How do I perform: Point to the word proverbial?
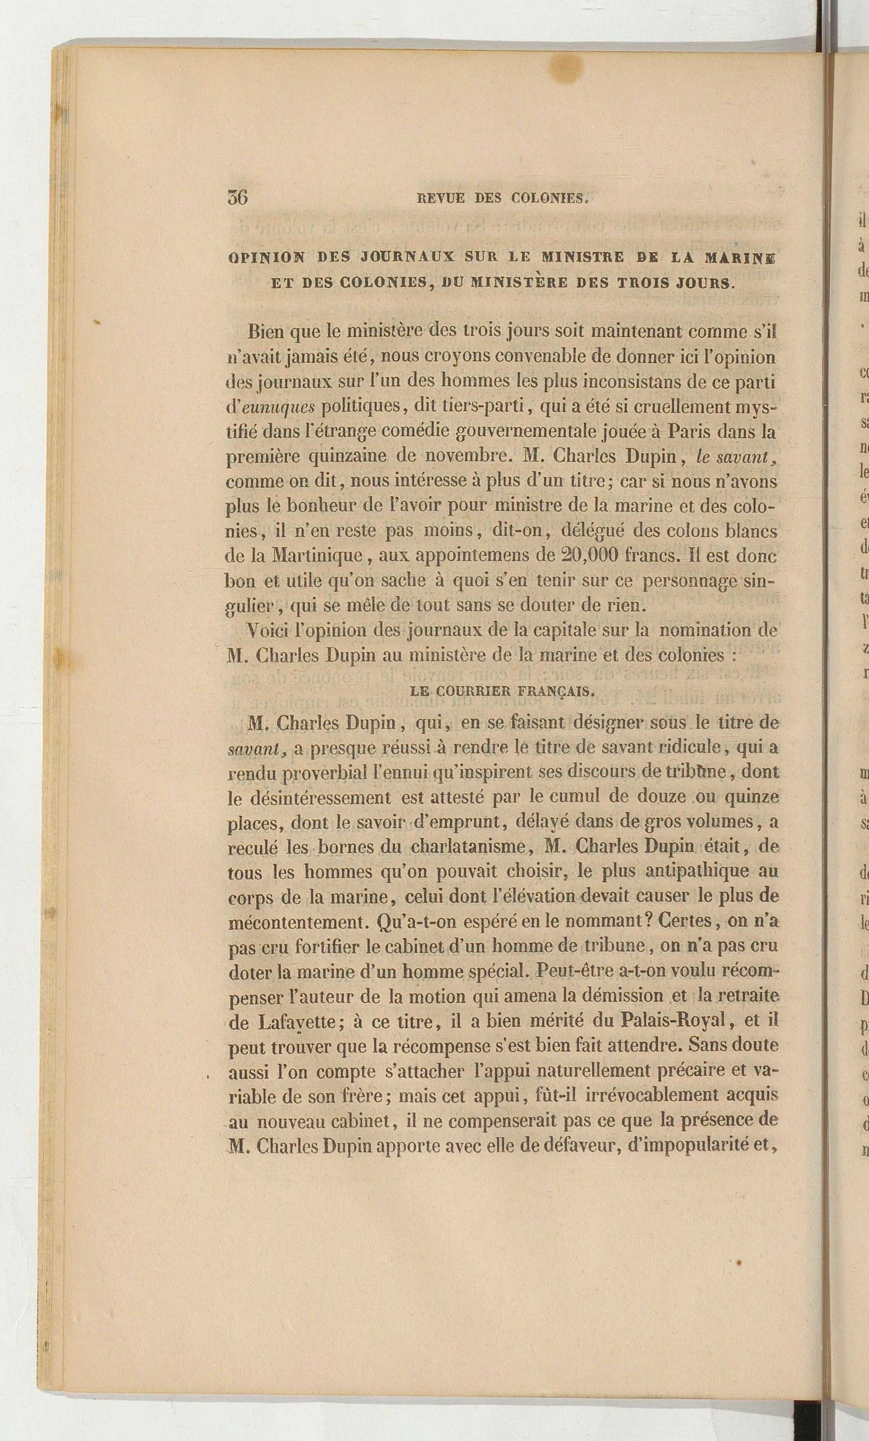click(x=324, y=772)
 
